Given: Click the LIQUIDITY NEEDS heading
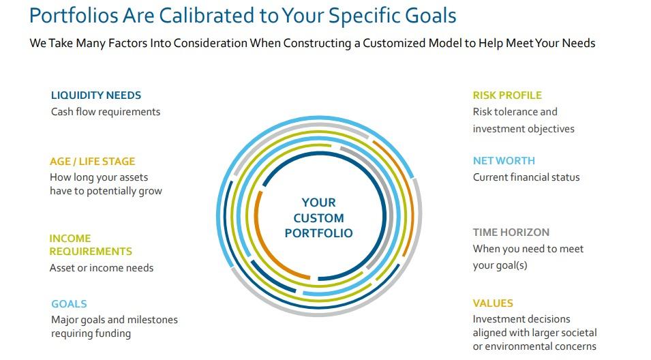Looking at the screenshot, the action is click(96, 95).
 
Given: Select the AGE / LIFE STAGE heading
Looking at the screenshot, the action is click(93, 161).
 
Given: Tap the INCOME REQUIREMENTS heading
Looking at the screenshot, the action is click(91, 245).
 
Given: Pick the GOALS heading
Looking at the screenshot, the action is click(69, 304).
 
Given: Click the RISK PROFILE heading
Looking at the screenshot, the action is click(507, 95).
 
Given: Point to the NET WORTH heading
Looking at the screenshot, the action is click(504, 161).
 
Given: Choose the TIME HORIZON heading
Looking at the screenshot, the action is click(511, 232).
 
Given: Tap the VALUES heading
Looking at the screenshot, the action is click(493, 303).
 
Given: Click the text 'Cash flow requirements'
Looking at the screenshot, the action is click(106, 112).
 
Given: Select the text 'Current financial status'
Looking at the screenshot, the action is click(526, 177).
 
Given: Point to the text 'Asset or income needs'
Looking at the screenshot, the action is click(102, 268).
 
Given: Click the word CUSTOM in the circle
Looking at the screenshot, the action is click(318, 218).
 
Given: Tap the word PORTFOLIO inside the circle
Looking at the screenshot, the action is click(318, 233).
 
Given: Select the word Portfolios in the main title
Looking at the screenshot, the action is click(74, 16).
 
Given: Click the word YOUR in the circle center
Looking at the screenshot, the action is click(318, 202).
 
